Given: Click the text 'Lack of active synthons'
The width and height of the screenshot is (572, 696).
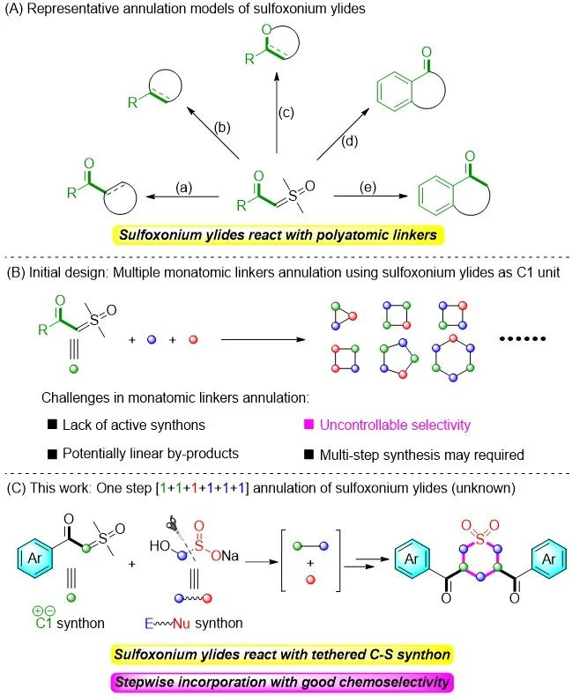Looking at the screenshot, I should [134, 425].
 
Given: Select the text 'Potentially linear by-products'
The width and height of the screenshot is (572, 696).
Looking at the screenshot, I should [152, 455].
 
